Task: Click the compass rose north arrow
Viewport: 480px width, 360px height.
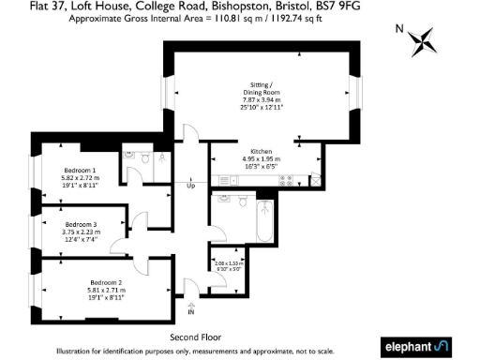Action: tap(427, 41)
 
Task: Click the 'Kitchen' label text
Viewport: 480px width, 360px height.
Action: tap(260, 152)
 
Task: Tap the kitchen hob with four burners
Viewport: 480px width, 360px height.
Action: tap(285, 179)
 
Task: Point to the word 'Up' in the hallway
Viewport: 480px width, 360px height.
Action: tap(191, 186)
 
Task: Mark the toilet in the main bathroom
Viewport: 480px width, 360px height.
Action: tap(243, 200)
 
